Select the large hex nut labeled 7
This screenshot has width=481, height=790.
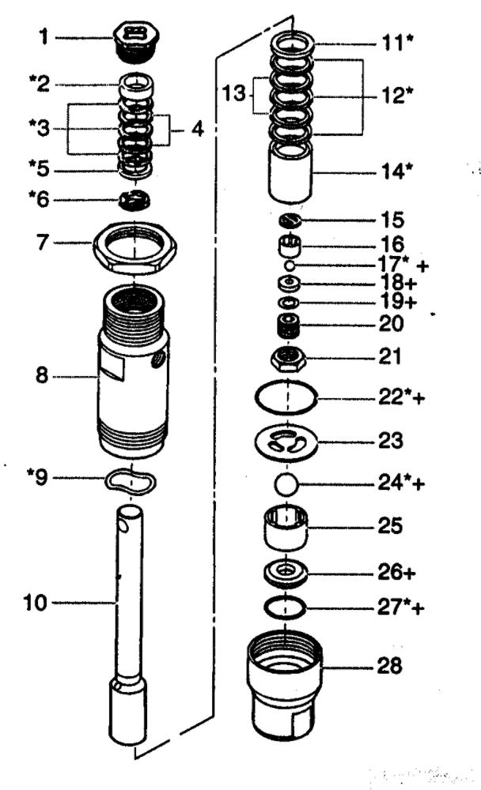(x=134, y=247)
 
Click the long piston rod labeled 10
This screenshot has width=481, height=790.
(x=129, y=616)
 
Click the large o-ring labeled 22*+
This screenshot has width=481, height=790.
(x=287, y=397)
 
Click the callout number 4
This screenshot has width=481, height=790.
(x=195, y=129)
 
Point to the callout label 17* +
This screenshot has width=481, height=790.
(x=400, y=267)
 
